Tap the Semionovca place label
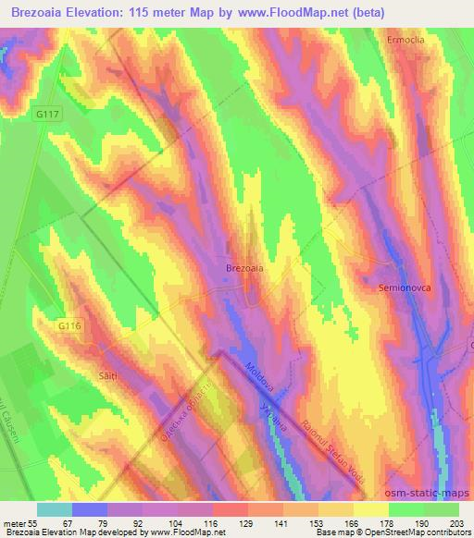403,288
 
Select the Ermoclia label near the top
406,41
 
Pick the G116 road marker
69,325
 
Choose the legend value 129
247,521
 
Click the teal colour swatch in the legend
55,508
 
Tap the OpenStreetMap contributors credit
405,532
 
